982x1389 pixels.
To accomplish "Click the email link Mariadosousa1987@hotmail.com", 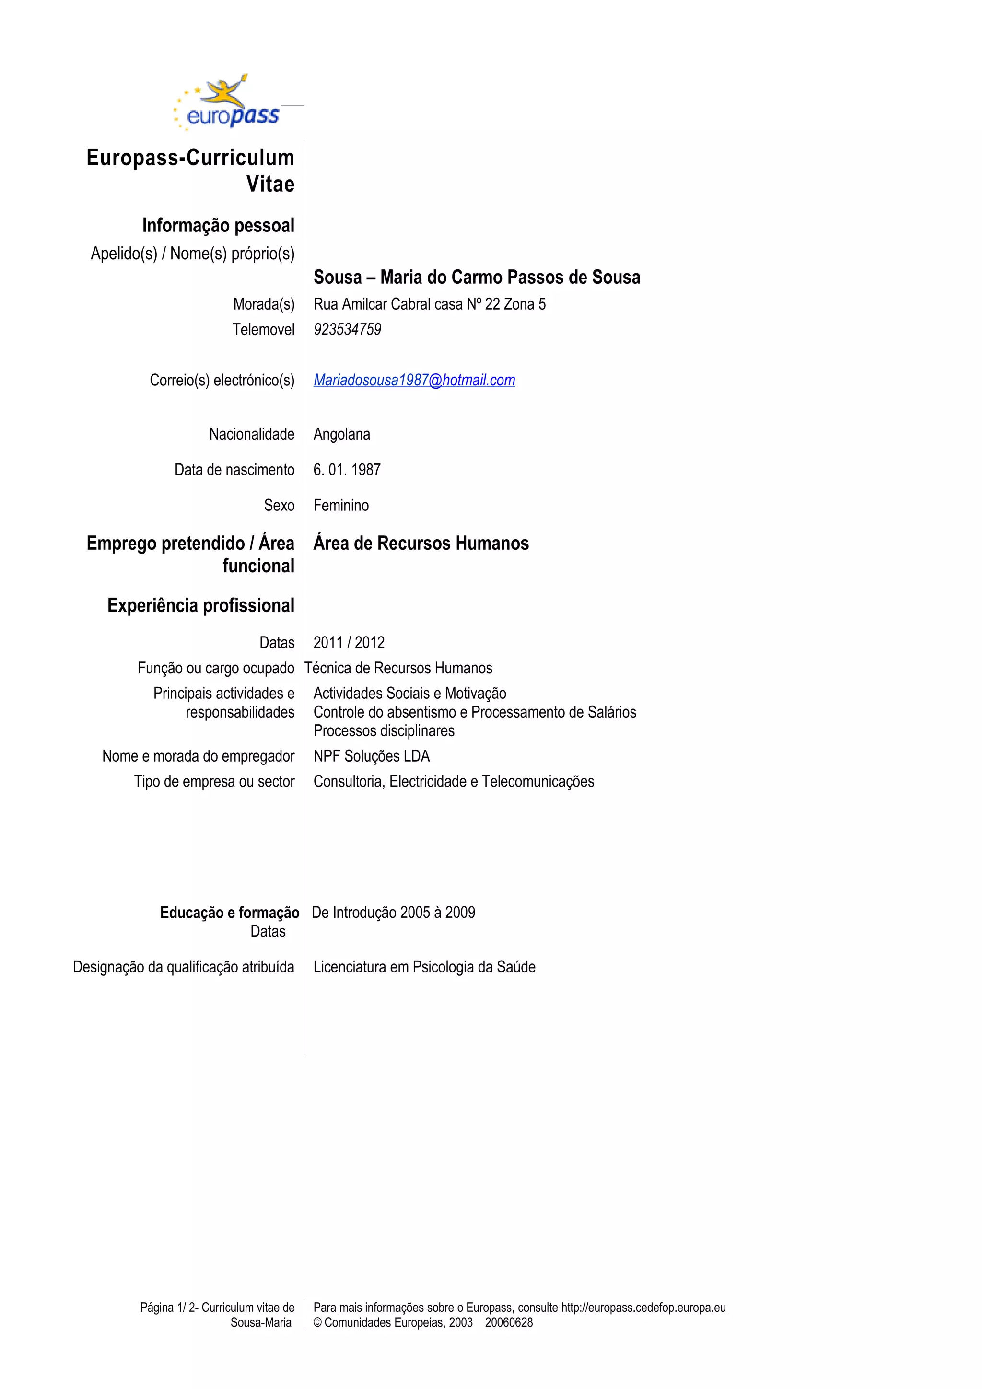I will [414, 380].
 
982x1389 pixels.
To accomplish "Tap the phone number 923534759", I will [347, 330].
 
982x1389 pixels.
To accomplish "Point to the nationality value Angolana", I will [341, 434].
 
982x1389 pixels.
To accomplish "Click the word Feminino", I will [340, 505].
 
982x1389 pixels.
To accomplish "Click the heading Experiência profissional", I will [201, 605].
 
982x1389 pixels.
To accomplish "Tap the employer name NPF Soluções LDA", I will [371, 756].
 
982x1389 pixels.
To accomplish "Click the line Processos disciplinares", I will [384, 731].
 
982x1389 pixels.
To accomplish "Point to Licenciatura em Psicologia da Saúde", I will [424, 967].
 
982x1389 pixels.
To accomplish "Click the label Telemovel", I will [263, 330].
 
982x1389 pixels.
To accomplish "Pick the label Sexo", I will [279, 505].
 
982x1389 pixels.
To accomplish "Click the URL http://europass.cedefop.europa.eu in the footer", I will [643, 1308].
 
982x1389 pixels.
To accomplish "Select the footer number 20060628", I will [509, 1322].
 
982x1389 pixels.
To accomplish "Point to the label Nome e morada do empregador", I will [198, 756].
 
